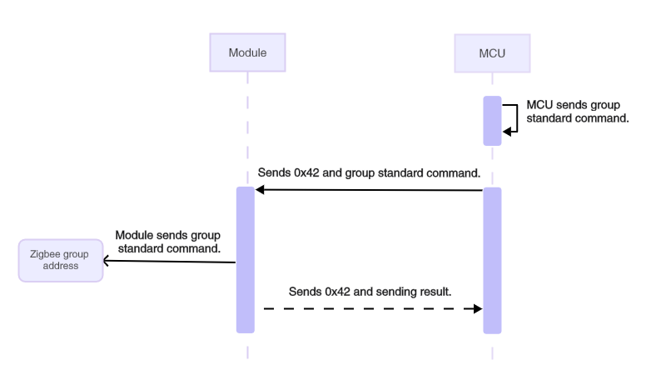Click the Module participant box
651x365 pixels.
tap(247, 52)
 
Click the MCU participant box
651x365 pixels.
tap(492, 52)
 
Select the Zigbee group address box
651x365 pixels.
tap(60, 260)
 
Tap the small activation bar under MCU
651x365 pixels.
tap(492, 121)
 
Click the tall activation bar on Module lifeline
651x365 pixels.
tap(246, 259)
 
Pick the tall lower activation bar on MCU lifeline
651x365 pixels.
tap(492, 259)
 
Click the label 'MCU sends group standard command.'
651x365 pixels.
tap(577, 112)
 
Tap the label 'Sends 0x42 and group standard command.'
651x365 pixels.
tap(370, 173)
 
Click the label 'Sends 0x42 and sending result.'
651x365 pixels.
tap(370, 292)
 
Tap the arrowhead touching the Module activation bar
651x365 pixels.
tap(260, 190)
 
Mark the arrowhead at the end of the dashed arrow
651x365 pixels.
tap(478, 308)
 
